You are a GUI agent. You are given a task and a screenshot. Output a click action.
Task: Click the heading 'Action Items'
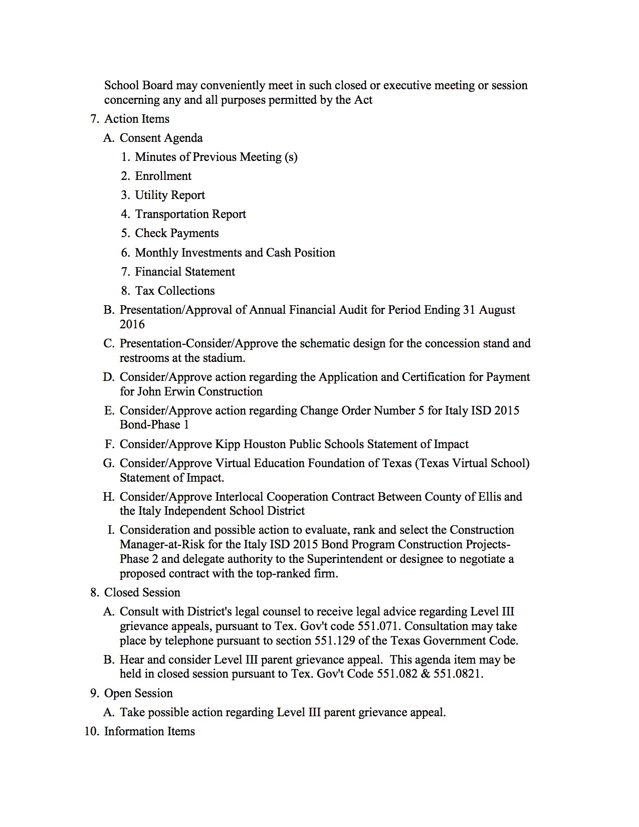(136, 119)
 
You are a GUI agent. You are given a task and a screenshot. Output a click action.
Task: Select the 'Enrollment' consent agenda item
(163, 176)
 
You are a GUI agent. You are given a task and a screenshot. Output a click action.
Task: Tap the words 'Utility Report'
(170, 195)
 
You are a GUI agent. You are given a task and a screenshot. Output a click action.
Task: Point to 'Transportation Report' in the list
(190, 214)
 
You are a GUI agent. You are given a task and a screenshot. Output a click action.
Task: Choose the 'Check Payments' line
(176, 233)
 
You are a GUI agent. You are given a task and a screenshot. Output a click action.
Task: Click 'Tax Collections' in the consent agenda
(174, 291)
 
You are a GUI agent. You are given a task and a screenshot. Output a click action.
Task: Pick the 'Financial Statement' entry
(184, 272)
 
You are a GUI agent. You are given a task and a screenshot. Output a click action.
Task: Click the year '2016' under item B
(132, 324)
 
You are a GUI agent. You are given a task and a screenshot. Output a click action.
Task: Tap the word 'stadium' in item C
(223, 358)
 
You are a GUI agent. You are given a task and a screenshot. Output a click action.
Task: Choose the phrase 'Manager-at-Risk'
(162, 544)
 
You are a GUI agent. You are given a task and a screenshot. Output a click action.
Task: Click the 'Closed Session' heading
(142, 592)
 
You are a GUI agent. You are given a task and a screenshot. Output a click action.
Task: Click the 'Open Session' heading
(138, 693)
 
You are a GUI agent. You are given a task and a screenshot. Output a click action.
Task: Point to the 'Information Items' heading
(149, 731)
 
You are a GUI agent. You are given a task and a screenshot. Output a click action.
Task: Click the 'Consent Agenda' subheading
(161, 138)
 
